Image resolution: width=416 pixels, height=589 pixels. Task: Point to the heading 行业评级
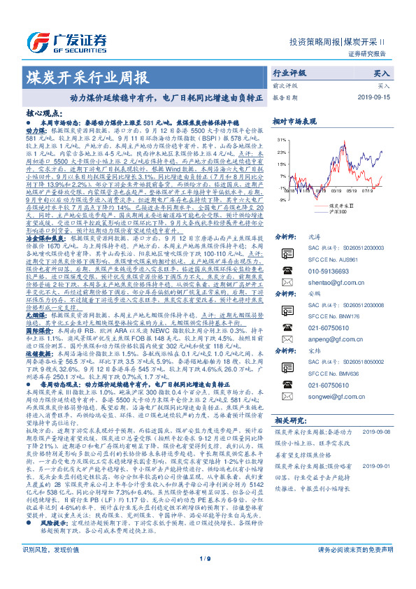pyautogui.click(x=289, y=73)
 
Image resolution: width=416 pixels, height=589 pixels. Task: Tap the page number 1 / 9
pyautogui.click(x=208, y=577)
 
